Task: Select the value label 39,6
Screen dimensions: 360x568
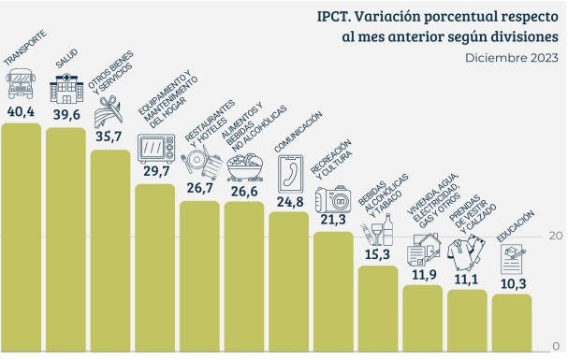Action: click(65, 114)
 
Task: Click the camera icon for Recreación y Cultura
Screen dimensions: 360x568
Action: click(333, 200)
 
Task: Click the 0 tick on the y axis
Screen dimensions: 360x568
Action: click(557, 346)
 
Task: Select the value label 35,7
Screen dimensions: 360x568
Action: click(109, 137)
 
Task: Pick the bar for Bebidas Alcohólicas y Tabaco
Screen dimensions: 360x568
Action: click(378, 307)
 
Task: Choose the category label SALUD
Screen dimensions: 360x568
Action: click(66, 59)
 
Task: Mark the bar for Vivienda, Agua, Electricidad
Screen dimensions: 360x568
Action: click(423, 316)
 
